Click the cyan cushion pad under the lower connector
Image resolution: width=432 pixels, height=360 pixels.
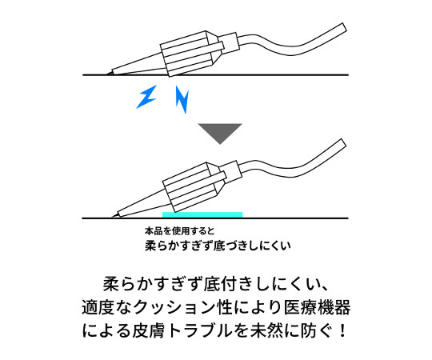click(x=202, y=215)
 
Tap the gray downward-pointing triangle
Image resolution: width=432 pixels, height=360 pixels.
click(x=220, y=132)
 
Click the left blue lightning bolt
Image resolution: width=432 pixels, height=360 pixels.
click(x=146, y=97)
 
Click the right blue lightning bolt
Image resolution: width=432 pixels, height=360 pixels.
click(x=182, y=99)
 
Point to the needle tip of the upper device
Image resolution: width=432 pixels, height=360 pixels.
click(x=107, y=74)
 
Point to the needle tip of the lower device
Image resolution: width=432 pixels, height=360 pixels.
click(x=111, y=217)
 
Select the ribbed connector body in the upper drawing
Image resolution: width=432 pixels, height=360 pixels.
click(x=187, y=54)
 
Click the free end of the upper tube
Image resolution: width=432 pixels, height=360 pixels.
click(x=344, y=28)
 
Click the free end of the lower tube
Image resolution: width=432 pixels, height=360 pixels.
click(x=344, y=144)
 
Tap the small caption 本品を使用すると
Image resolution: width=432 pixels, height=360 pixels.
click(x=179, y=231)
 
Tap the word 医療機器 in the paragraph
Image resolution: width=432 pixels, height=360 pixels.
click(x=318, y=307)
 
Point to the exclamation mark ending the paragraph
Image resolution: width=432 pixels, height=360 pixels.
click(x=342, y=330)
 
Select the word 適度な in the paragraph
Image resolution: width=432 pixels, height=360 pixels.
click(x=106, y=307)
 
